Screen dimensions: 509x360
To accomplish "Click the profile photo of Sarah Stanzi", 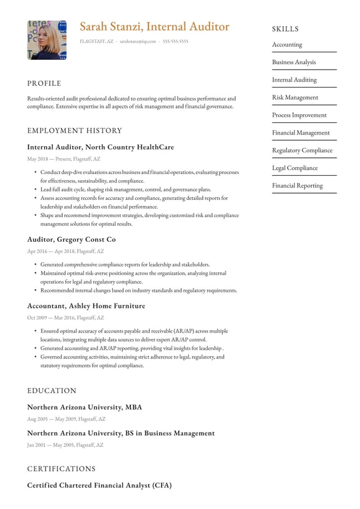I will (47, 40).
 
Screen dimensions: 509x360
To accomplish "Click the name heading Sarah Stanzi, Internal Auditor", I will (154, 27).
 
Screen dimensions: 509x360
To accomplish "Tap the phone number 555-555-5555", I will (176, 41).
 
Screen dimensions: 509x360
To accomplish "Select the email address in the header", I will (137, 41).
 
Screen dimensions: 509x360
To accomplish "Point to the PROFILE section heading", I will (44, 83).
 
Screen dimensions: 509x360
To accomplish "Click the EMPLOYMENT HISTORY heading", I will (75, 131).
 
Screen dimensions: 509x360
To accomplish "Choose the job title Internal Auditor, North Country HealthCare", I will (100, 147).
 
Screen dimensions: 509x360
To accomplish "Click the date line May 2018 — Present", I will (63, 159).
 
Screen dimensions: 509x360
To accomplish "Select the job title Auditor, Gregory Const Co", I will (72, 239).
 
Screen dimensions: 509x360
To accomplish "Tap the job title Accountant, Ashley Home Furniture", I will (86, 306).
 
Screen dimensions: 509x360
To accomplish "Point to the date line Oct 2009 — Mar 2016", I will (65, 318).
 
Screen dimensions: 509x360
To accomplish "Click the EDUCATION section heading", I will (52, 391).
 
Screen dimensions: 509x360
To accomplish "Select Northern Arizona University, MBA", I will (84, 407).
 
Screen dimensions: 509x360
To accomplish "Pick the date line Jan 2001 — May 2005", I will (65, 445).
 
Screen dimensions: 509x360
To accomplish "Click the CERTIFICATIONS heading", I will (62, 469).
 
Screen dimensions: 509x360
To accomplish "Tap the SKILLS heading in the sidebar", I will (285, 29).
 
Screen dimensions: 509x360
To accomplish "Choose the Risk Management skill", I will (295, 97).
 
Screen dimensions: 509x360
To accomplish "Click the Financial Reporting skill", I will (297, 186).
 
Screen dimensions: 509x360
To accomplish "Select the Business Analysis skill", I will (294, 62).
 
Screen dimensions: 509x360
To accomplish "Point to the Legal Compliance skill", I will (295, 168).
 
